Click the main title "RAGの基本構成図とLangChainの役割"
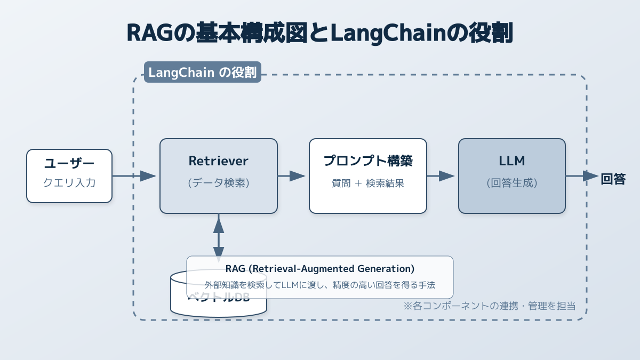coord(320,33)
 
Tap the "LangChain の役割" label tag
coord(202,73)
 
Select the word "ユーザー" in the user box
coord(69,164)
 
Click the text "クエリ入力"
coord(69,183)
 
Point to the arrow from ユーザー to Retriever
coord(134,176)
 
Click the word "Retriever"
coord(219,161)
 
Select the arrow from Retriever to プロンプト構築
coord(291,176)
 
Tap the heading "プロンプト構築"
coord(368,161)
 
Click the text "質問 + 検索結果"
coord(368,183)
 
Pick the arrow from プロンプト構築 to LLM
coord(441,176)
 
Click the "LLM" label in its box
coord(512,161)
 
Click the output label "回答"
coord(613,179)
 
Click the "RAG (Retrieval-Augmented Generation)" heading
coord(320,268)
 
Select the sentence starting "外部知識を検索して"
coord(320,285)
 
